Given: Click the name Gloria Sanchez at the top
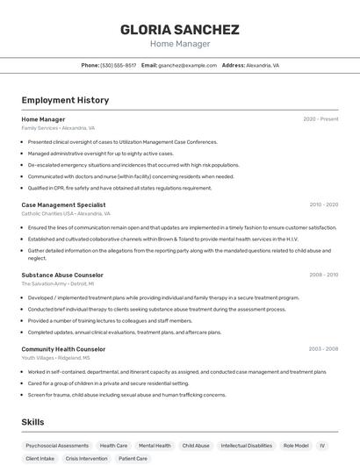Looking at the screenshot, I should [x=180, y=29].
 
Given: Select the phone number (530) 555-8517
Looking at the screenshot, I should [x=118, y=65].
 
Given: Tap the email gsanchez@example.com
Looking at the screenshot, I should [x=187, y=65].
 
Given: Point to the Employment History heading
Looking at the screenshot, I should [x=65, y=100].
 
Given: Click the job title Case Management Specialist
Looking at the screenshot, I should [x=63, y=204].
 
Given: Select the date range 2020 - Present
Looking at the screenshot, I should [x=320, y=119].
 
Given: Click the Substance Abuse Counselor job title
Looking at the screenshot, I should [x=62, y=275].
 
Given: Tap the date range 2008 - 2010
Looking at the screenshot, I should [x=323, y=275].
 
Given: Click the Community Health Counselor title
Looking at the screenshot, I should [x=63, y=349].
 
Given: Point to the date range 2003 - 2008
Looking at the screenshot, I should [x=323, y=349].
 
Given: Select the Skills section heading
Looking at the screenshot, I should [x=33, y=422].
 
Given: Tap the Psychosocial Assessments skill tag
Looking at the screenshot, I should [x=57, y=446].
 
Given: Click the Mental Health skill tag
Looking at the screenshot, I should [x=155, y=446].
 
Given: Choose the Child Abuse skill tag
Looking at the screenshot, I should [x=196, y=446].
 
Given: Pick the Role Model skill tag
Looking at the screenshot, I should [x=295, y=446].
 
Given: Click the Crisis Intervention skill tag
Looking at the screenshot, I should [x=86, y=459].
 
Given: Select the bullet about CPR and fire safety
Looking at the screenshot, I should [x=119, y=188].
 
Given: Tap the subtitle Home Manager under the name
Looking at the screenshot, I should [x=180, y=44].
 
